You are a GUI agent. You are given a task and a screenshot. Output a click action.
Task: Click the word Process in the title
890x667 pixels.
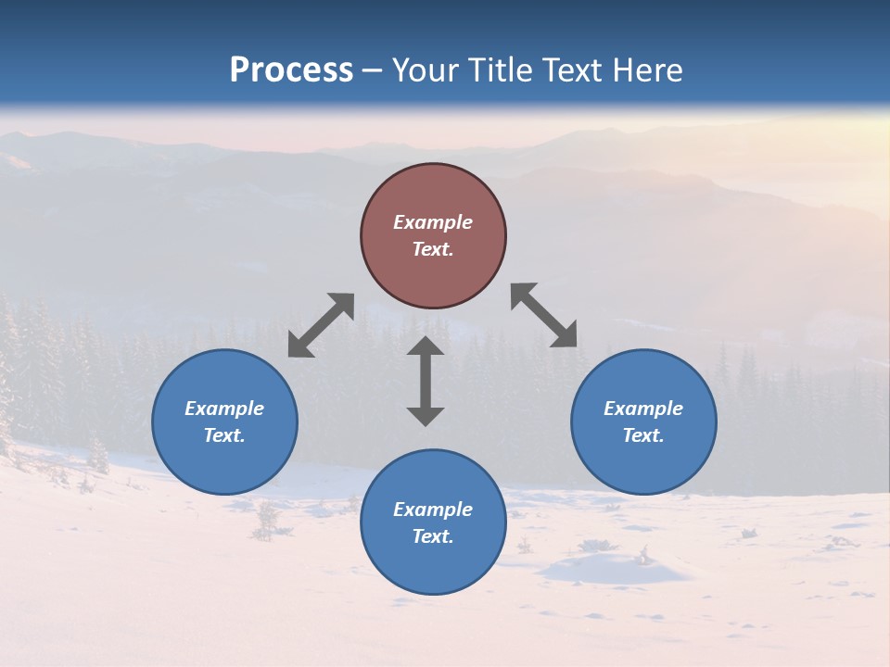(291, 70)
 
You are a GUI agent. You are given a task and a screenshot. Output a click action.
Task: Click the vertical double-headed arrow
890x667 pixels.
(426, 381)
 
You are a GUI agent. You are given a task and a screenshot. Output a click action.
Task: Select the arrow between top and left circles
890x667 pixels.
(321, 325)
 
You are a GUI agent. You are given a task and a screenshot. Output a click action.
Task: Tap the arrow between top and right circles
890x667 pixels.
(544, 315)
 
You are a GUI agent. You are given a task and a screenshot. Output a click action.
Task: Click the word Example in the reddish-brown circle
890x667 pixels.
(433, 222)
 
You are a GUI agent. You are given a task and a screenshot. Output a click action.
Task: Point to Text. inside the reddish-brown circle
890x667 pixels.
(433, 249)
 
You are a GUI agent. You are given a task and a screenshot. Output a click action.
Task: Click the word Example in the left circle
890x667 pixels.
(224, 409)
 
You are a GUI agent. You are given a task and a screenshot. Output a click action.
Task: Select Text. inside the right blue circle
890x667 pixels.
(643, 435)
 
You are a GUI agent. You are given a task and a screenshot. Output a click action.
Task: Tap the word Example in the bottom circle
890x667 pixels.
(433, 510)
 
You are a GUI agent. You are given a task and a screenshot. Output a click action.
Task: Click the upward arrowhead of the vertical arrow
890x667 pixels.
(426, 346)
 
